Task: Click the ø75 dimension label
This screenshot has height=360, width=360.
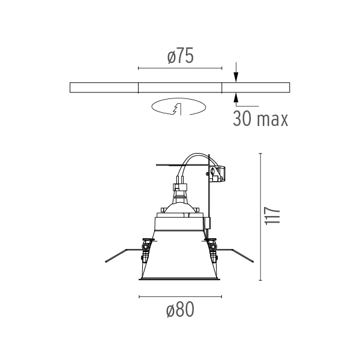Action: pos(181,56)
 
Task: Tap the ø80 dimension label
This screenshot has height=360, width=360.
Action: pos(180,310)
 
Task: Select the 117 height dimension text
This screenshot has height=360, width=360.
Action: pos(272,216)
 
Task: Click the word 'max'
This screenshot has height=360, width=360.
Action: pos(272,120)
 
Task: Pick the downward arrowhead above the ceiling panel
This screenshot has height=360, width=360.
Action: pos(236,77)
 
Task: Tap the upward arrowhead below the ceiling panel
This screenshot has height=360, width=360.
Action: pos(236,98)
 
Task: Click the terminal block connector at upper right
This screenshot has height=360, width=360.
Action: pos(217,174)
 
